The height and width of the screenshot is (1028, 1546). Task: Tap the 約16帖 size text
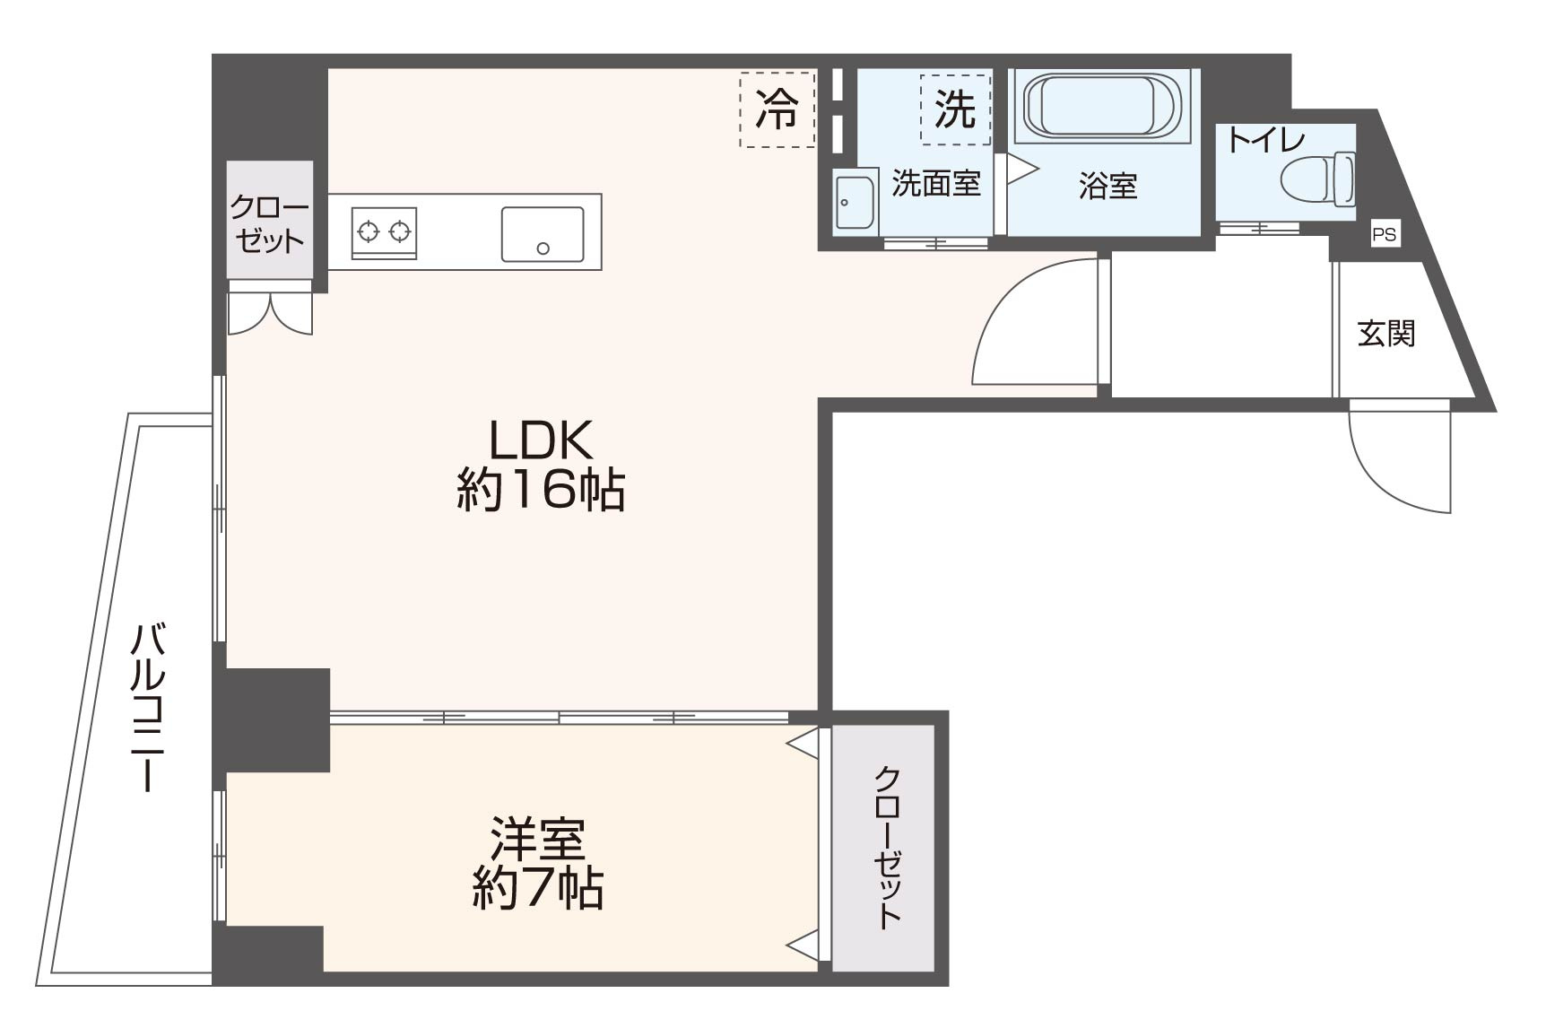tap(540, 491)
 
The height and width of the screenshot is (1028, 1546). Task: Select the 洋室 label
tap(537, 839)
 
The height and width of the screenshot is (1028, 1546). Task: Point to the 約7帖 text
tap(537, 889)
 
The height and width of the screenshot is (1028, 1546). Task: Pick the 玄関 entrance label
tap(1385, 334)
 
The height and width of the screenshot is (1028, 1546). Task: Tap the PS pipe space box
tap(1384, 235)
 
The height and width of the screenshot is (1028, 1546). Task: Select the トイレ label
tap(1265, 141)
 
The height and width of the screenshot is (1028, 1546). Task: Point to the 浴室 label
tap(1107, 186)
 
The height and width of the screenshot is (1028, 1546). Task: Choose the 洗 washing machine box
tap(955, 109)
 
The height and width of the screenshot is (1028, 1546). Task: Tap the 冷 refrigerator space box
tap(777, 109)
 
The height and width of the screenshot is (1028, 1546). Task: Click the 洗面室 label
tap(935, 184)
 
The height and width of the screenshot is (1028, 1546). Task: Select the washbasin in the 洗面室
tap(854, 202)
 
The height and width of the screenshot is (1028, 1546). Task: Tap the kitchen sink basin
tap(542, 234)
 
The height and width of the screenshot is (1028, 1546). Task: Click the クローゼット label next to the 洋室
tap(886, 847)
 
